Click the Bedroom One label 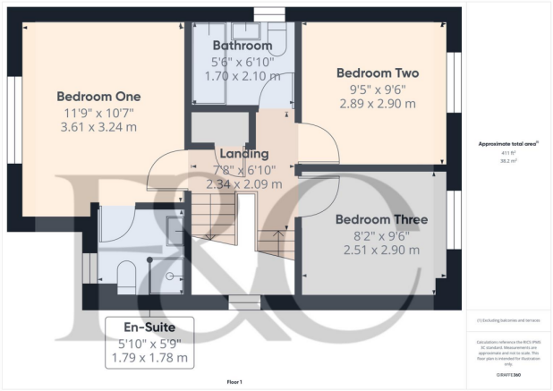(96, 97)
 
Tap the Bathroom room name (242, 45)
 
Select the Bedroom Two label (376, 72)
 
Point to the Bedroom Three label (381, 219)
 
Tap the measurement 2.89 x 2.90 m (376, 104)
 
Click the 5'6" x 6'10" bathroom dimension (242, 62)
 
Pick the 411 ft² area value (508, 153)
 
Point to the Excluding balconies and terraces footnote (508, 320)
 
